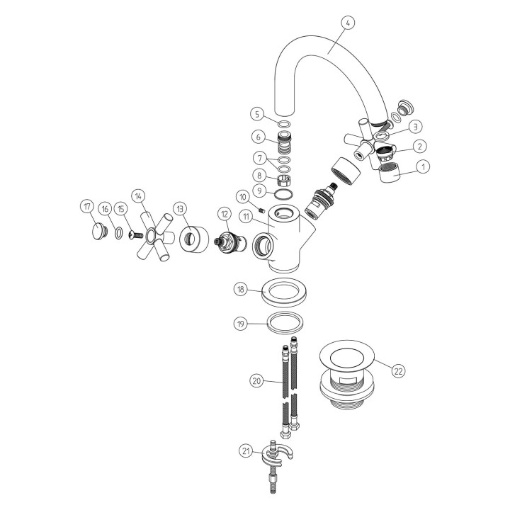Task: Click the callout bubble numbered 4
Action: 348,23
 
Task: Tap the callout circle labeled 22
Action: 398,371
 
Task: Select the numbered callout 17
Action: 87,207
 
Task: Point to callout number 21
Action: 246,451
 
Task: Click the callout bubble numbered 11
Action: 246,217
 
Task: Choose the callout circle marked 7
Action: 260,159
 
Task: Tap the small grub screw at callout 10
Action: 262,211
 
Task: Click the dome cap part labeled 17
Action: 99,230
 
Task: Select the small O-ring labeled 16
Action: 119,233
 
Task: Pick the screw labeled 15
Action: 136,235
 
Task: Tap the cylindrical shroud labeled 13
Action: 194,239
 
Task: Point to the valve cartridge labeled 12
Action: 230,242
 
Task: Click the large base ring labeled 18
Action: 284,292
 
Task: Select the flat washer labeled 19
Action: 285,323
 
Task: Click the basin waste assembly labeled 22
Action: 346,374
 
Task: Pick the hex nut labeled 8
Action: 283,179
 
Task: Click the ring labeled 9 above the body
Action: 283,195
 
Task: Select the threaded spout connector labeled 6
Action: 283,142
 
